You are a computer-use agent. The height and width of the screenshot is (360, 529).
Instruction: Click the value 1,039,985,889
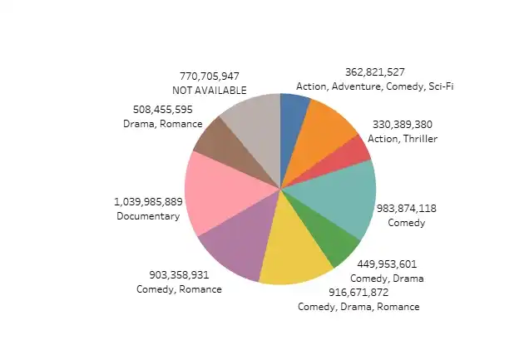coord(148,202)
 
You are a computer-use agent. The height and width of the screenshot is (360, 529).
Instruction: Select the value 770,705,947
coord(209,76)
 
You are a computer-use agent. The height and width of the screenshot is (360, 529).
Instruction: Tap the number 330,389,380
coord(403,124)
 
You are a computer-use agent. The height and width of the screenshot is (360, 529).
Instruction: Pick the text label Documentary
coord(148,216)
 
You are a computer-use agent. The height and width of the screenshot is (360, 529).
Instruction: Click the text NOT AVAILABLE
coord(209,89)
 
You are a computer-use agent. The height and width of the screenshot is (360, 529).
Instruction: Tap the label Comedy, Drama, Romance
coord(358,306)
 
